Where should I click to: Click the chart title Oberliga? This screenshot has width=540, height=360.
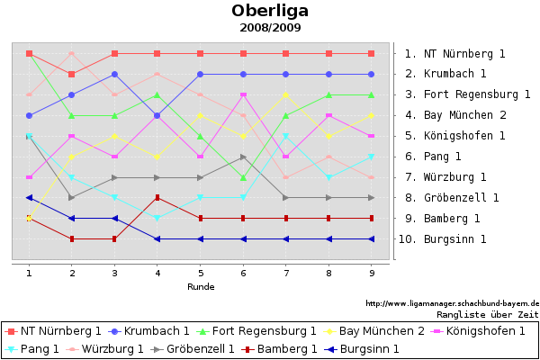(x=270, y=11)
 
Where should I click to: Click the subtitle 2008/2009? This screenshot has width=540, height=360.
(x=270, y=28)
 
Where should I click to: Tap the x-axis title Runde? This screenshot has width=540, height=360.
(x=200, y=286)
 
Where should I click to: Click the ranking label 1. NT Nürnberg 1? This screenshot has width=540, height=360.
(x=454, y=54)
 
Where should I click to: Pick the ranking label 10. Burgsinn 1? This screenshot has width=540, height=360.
(x=445, y=239)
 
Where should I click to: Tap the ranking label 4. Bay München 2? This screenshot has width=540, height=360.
(x=455, y=115)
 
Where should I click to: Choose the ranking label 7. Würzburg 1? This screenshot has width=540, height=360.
(x=445, y=177)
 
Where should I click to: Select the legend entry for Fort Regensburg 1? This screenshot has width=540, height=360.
(x=264, y=331)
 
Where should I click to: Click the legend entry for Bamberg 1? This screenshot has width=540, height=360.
(x=287, y=348)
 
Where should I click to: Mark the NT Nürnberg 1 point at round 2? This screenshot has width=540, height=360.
(x=72, y=74)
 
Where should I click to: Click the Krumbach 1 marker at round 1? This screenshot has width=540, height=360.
(x=30, y=115)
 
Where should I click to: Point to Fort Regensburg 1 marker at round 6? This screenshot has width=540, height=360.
(x=243, y=177)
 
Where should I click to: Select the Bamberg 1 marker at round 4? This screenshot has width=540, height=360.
(x=157, y=198)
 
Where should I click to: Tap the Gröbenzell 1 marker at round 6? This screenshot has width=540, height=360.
(x=243, y=157)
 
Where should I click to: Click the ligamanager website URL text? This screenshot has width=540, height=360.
(x=452, y=303)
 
